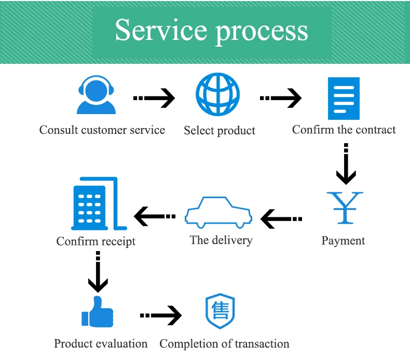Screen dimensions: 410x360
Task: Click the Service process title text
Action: point(212,31)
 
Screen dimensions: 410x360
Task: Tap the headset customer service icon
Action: point(96,94)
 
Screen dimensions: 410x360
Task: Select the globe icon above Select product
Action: point(217,94)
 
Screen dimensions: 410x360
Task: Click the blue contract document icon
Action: point(344,99)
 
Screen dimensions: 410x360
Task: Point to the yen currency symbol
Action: point(345,208)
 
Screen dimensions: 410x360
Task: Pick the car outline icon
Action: point(218,212)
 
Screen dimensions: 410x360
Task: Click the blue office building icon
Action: point(99,204)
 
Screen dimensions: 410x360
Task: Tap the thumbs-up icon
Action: point(97,312)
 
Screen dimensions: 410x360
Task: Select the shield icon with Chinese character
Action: point(220,311)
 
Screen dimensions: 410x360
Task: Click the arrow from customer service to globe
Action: point(154,98)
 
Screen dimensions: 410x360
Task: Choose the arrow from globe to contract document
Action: point(281,98)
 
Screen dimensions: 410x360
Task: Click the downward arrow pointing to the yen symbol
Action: point(346,164)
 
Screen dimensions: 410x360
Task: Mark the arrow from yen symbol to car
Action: point(281,219)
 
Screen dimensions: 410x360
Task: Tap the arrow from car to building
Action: point(155,216)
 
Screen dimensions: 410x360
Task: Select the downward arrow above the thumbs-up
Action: point(98,272)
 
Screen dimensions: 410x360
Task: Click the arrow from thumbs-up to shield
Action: point(161,315)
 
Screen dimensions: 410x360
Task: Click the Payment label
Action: point(343,241)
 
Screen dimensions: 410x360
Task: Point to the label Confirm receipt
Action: point(95,241)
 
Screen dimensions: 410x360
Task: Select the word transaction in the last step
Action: point(262,344)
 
